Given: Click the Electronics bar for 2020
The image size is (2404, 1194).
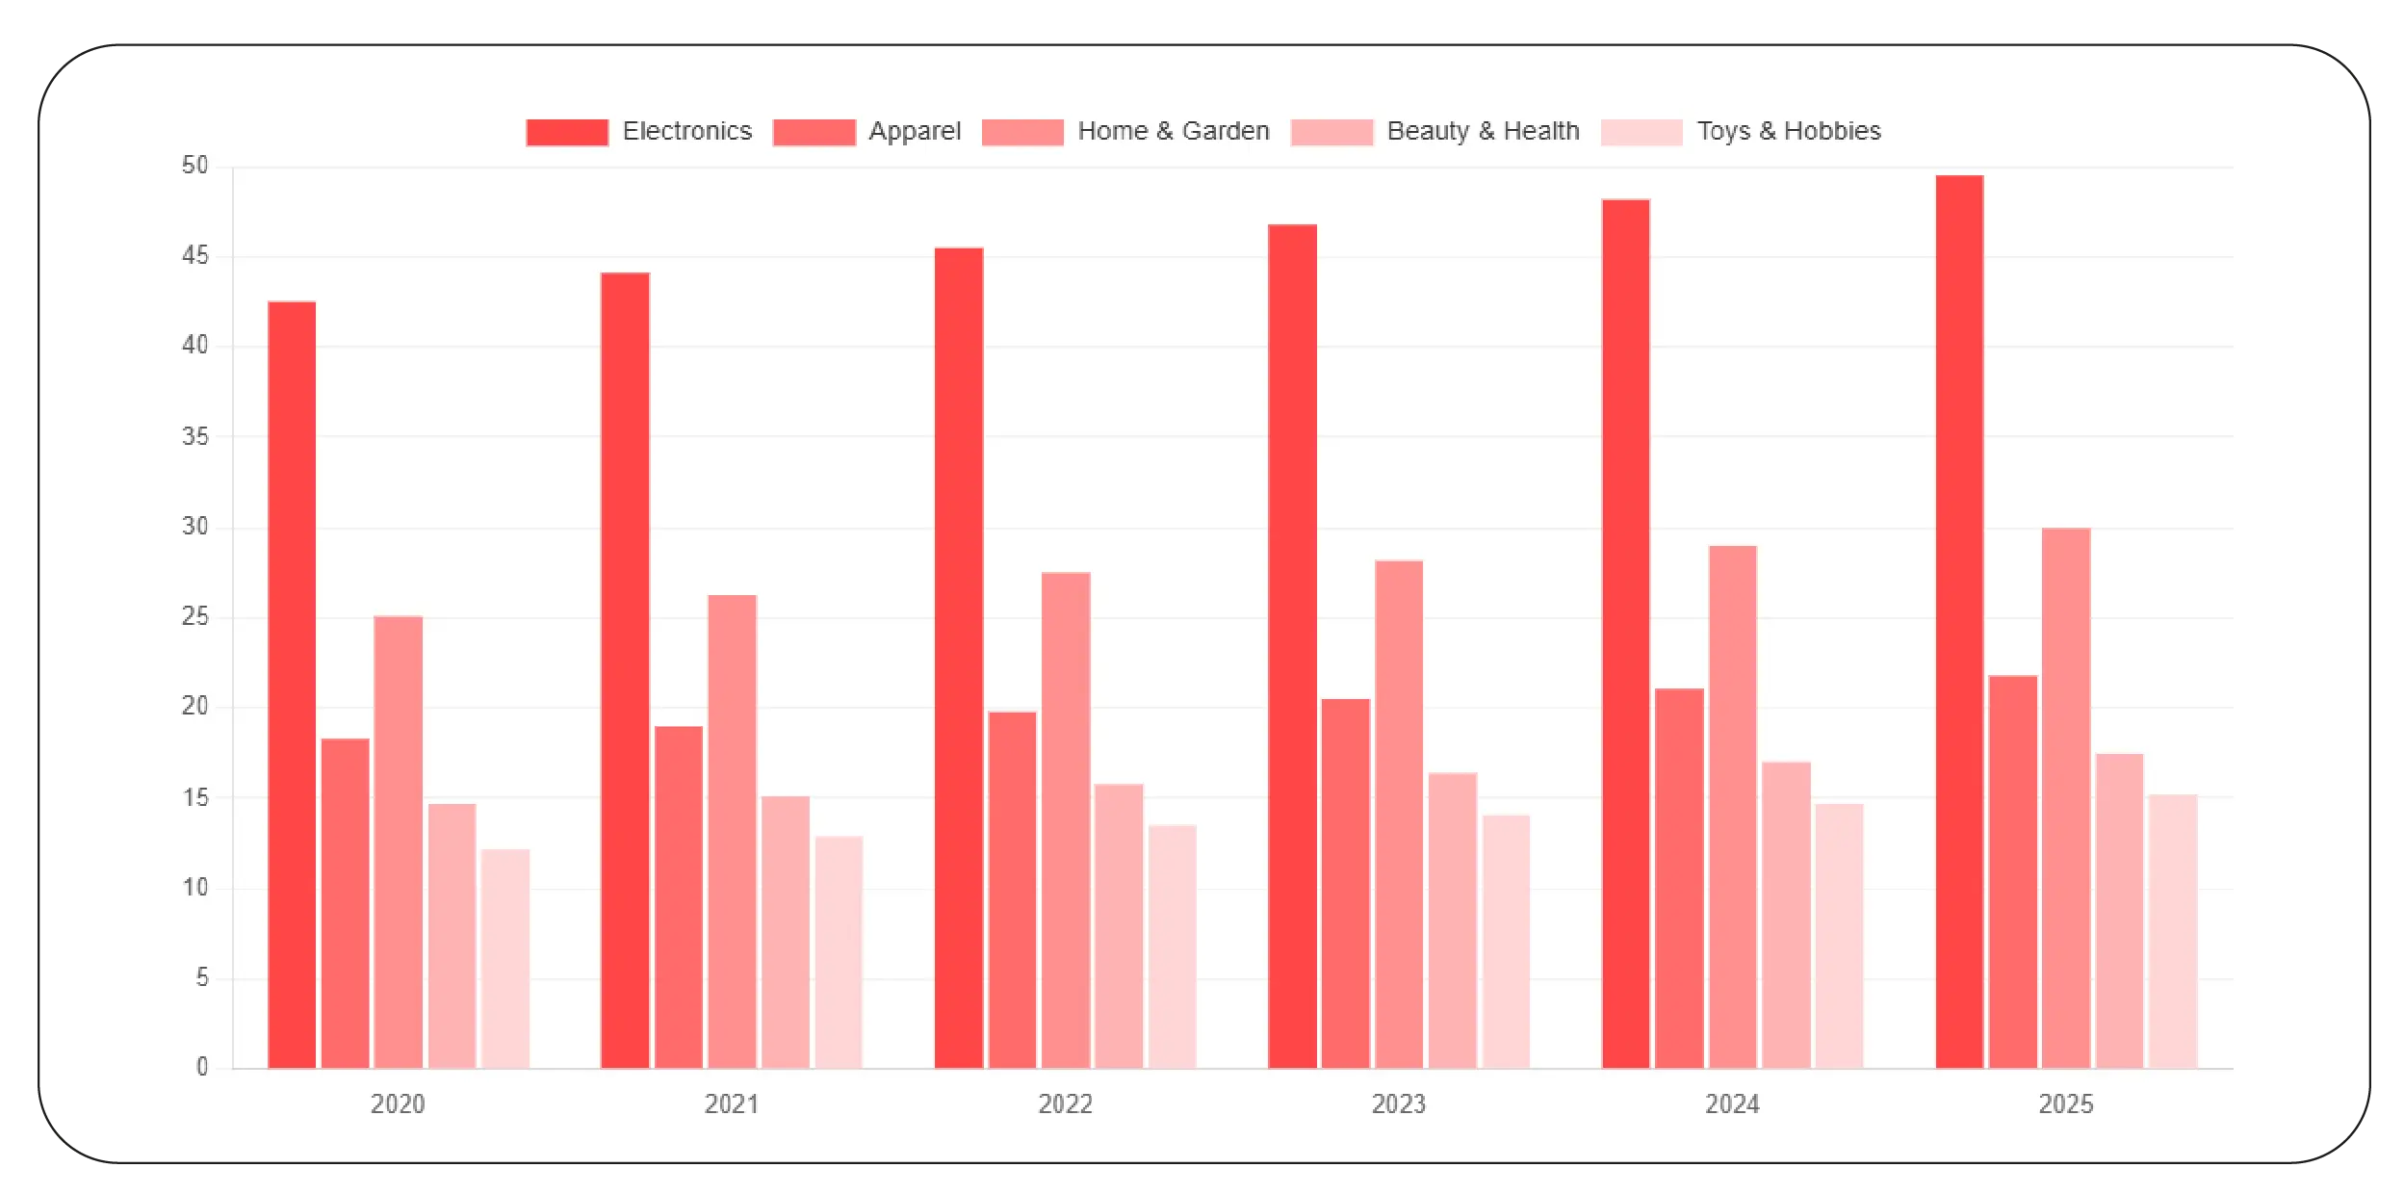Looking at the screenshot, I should point(292,684).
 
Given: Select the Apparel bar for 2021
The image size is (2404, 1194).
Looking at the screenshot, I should point(679,895).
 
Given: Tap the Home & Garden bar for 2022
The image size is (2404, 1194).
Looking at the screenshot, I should point(1066,818).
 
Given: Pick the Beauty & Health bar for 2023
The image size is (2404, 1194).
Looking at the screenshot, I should point(1452,920).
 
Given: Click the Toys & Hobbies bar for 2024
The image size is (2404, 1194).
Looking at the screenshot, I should point(1839,934).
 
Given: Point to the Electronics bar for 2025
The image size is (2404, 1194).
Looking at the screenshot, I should point(1959,621).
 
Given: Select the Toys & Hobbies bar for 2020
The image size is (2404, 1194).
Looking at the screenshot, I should point(505,958).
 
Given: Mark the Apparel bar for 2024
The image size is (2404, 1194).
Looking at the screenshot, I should point(1679,876).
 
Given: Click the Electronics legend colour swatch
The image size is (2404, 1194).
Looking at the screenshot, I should point(567,132).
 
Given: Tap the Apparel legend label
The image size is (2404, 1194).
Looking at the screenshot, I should point(914,131).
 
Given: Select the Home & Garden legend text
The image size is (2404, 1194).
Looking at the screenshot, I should point(1173,131).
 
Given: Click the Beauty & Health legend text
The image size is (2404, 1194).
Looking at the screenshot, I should point(1483,131).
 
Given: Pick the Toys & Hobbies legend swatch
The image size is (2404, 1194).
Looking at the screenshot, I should point(1641,132).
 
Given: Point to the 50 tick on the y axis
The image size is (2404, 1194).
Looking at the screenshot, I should point(195,166).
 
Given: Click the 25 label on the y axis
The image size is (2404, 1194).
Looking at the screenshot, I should point(195,616).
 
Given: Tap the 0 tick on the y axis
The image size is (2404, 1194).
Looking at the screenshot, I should point(202,1066).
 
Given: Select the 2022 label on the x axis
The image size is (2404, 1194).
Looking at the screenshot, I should point(1065,1103).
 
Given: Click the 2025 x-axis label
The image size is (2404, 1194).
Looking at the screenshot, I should point(2066,1103).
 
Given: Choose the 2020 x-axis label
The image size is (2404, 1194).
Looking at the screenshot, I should point(398,1103).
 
